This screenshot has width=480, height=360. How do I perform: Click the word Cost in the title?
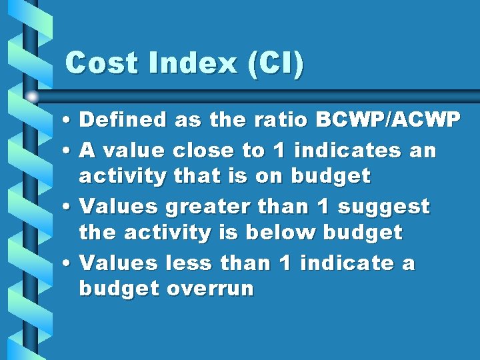pyautogui.click(x=104, y=64)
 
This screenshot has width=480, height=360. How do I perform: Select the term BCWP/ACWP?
pyautogui.click(x=388, y=120)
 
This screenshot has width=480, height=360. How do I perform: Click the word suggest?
pyautogui.click(x=384, y=207)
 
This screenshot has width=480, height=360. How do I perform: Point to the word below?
pyautogui.click(x=283, y=233)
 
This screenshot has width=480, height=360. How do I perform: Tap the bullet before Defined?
pyautogui.click(x=69, y=121)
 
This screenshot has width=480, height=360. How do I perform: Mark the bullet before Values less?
pyautogui.click(x=69, y=264)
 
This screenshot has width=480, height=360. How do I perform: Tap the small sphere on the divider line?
pyautogui.click(x=33, y=97)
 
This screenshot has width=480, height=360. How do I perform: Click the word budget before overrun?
pyautogui.click(x=119, y=289)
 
